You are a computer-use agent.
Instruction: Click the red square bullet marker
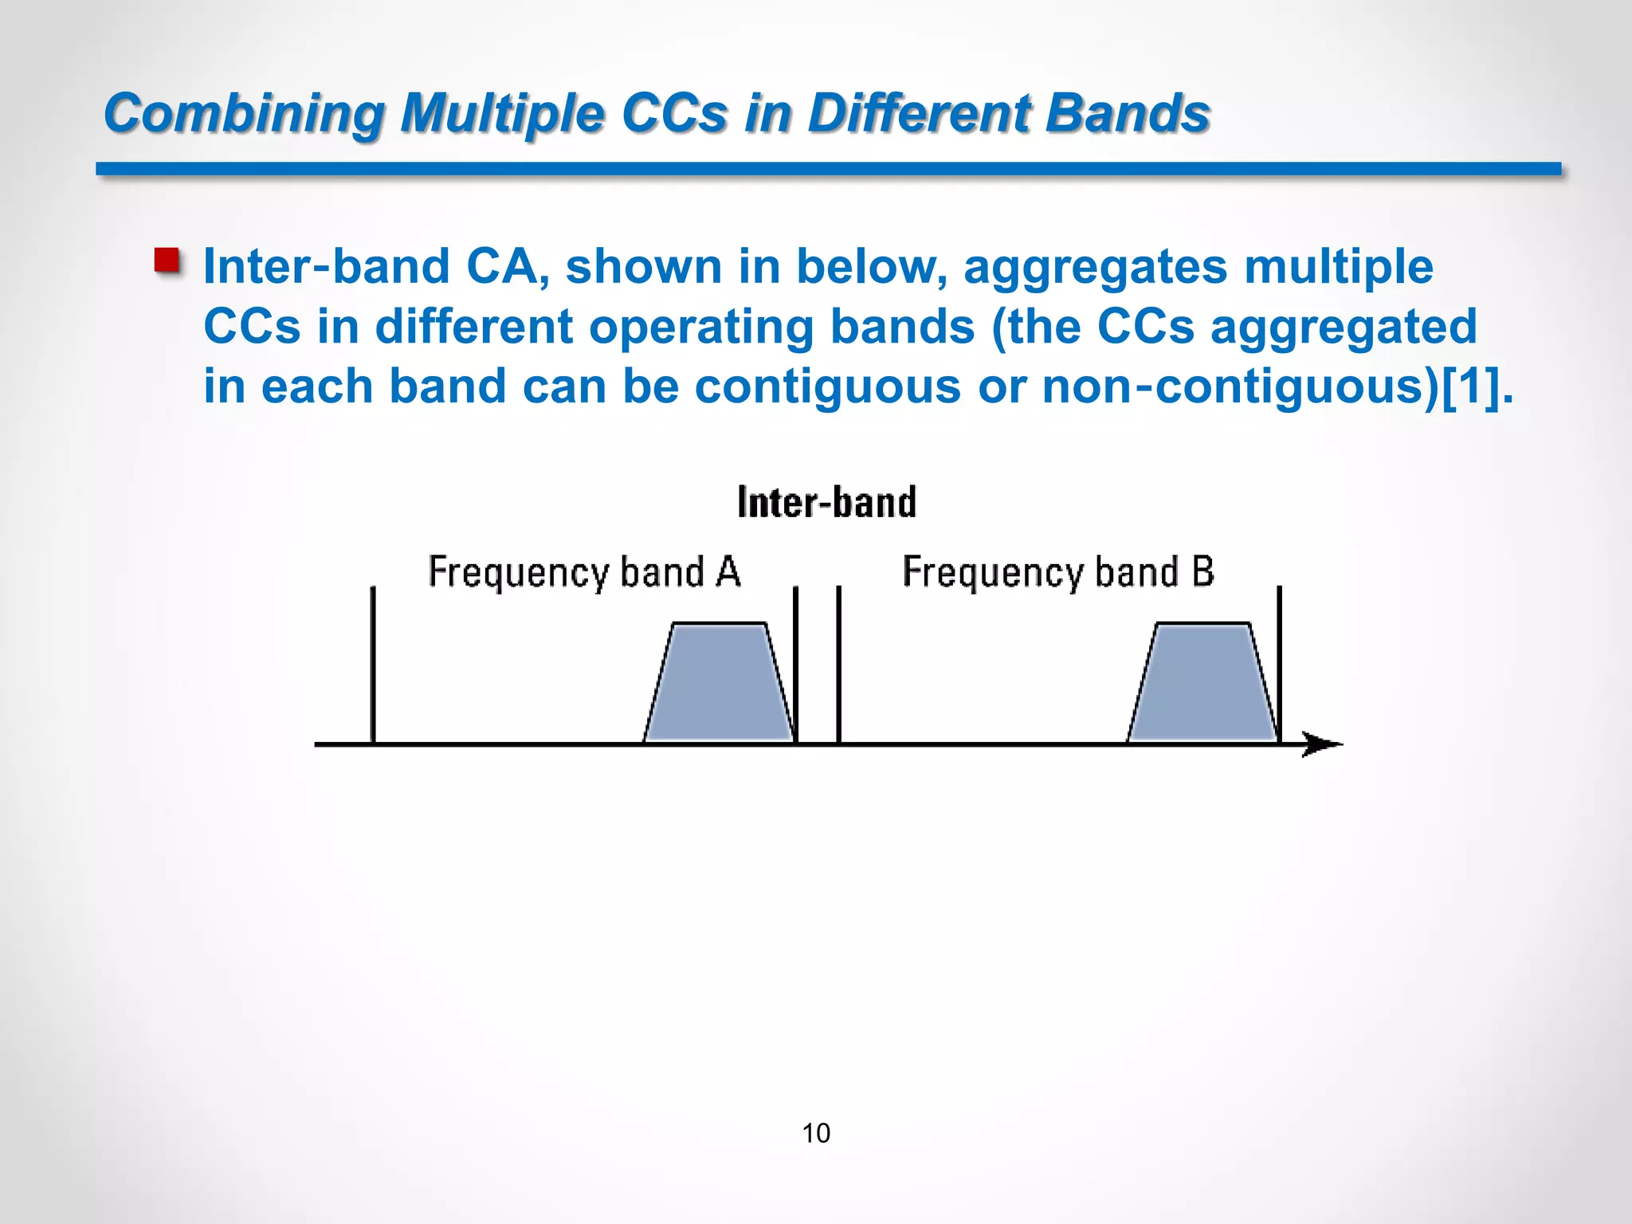167,261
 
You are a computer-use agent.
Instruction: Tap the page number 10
816,1133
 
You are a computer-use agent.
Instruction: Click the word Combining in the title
244,113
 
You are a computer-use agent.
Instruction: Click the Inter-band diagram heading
826,502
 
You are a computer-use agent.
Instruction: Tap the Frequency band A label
584,572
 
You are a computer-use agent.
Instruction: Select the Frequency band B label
1058,572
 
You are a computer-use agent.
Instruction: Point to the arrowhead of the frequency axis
1323,744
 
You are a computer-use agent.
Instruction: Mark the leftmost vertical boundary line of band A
373,665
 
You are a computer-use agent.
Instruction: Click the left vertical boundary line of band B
839,665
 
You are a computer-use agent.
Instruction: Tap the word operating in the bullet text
701,327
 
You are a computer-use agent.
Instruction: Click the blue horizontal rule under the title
829,169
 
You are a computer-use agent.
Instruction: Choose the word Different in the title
916,113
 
